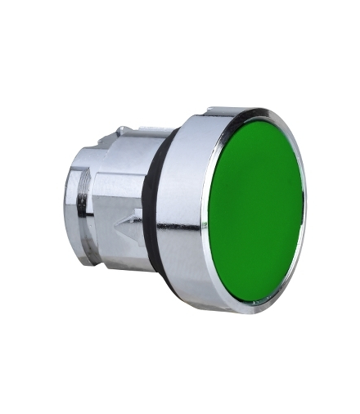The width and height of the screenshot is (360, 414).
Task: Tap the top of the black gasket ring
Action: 164,131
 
